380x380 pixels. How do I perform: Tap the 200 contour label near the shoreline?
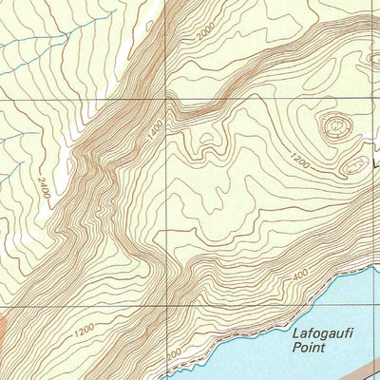click(173, 354)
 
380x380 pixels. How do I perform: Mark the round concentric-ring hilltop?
click(335, 124)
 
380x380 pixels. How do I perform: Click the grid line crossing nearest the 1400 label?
click(165, 97)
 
